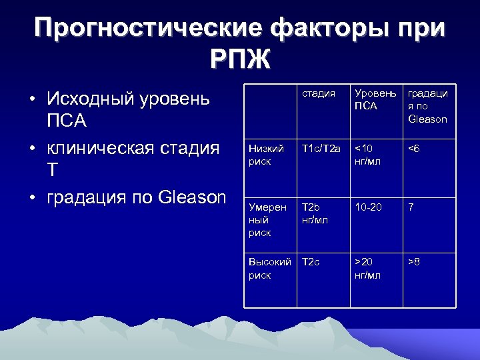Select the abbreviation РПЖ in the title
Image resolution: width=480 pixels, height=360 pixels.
coord(240,61)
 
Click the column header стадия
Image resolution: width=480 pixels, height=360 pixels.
coord(318,93)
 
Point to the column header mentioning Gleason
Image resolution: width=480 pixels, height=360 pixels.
coord(427,106)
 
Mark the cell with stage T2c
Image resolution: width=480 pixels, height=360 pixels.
coord(311,263)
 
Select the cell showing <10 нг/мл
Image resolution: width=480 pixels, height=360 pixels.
coord(369,155)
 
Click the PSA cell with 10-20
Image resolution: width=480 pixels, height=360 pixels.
coord(368,207)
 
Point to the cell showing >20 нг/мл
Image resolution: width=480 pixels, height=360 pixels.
coord(368,269)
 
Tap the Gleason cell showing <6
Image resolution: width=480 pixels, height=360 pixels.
coord(415,149)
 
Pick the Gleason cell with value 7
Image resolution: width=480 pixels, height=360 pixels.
coord(411,207)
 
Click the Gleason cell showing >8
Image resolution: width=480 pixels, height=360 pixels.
coord(415,263)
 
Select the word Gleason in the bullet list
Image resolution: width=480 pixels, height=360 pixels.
coord(193,197)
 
